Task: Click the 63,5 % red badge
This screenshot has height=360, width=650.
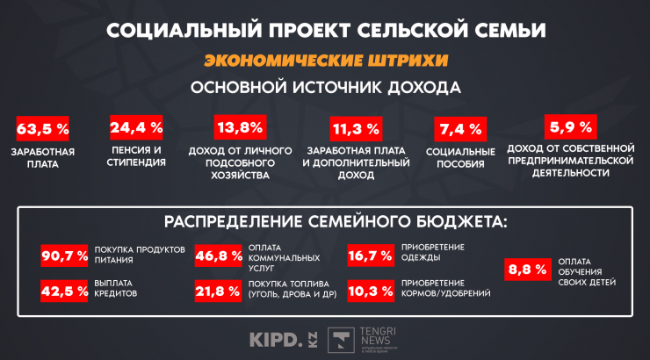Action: click(42, 129)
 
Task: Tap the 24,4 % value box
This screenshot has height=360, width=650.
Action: click(136, 127)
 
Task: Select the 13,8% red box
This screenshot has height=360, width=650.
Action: click(239, 128)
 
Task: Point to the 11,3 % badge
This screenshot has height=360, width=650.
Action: click(355, 129)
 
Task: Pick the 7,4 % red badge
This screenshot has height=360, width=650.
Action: click(460, 129)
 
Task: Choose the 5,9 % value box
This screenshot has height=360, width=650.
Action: click(570, 124)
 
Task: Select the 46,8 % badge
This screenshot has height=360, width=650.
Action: click(219, 256)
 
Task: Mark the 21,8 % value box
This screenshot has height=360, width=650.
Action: click(219, 291)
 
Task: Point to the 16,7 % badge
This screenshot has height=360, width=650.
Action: click(371, 256)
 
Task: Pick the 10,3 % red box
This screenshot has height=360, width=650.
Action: click(371, 291)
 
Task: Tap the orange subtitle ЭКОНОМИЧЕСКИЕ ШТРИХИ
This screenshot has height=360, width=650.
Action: click(325, 61)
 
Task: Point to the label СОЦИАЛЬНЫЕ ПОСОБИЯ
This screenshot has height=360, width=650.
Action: click(460, 157)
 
